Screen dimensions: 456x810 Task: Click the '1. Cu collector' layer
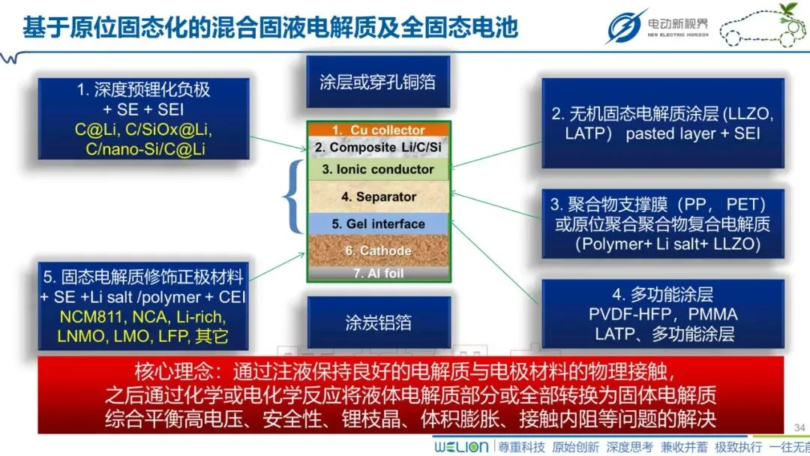tap(379, 130)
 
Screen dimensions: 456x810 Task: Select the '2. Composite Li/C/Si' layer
tap(379, 148)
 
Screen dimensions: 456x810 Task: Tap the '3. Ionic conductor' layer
tap(379, 169)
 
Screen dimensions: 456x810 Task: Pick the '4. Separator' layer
tap(379, 197)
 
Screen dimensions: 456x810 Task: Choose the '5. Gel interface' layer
tap(379, 223)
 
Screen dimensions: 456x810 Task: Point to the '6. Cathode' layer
tap(379, 250)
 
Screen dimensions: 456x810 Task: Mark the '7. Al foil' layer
tap(379, 274)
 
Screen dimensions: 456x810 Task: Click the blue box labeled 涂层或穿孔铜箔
tap(378, 82)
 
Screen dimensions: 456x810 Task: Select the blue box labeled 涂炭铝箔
tap(378, 322)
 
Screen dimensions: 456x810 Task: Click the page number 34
tap(799, 427)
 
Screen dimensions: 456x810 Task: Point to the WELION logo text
tap(460, 447)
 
